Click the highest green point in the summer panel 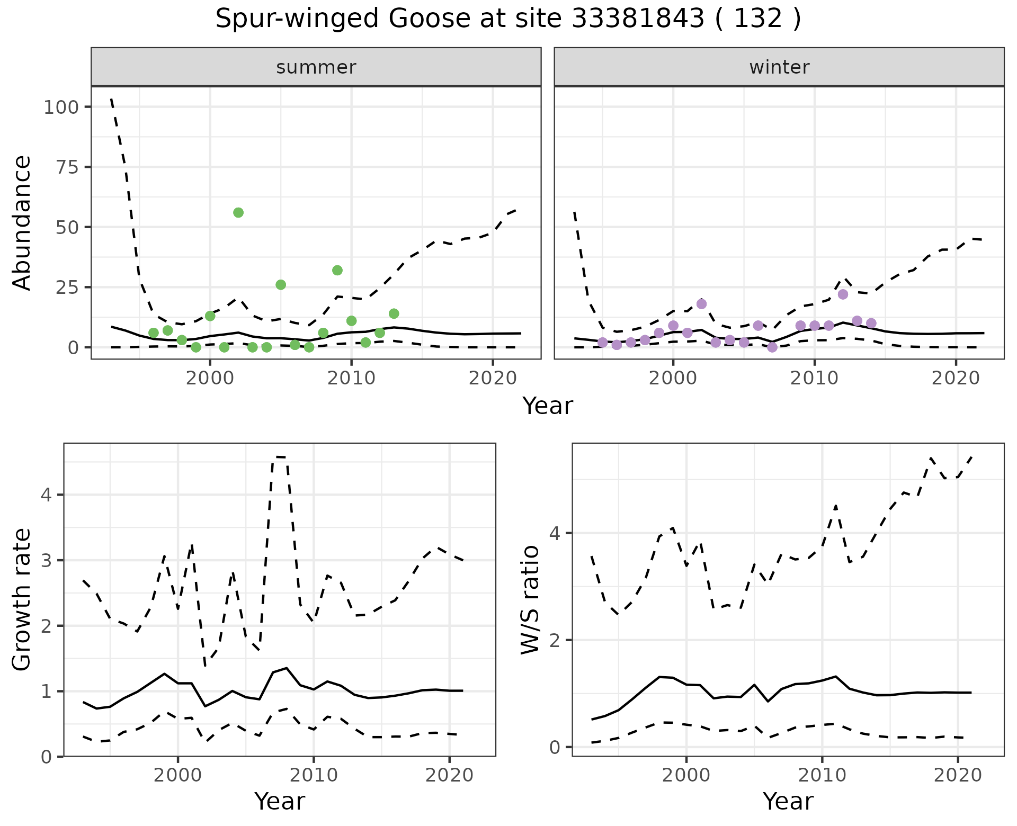point(238,212)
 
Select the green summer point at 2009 point(337,270)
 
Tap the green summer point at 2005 point(281,285)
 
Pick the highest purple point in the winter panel point(843,294)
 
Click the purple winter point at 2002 point(702,304)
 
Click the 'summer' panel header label point(316,67)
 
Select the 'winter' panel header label point(779,67)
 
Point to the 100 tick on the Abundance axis point(60,107)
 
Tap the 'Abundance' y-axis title point(22,222)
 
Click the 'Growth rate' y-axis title point(22,600)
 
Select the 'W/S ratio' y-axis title point(530,600)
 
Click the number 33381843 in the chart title point(638,19)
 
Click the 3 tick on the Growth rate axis point(46,561)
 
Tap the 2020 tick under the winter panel point(956,378)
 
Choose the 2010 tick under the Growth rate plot point(314,776)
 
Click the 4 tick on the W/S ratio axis point(555,533)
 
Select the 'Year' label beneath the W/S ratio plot point(788,801)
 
